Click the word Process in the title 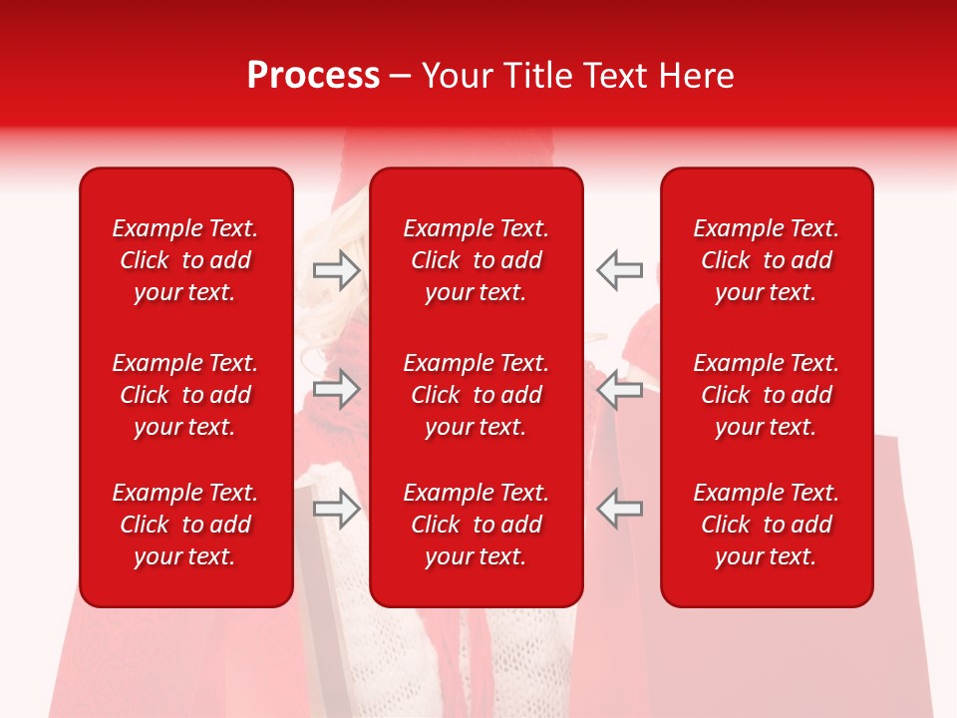pos(313,76)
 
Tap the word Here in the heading pos(697,76)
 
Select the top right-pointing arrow pos(336,270)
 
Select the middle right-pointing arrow pos(336,389)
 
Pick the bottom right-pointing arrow pos(336,508)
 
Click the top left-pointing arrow pos(620,270)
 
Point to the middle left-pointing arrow pos(620,389)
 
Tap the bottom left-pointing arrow pos(620,508)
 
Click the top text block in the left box pos(185,260)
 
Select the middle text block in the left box pos(185,395)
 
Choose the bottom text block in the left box pos(185,525)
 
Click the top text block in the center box pos(476,260)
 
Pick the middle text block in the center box pos(476,395)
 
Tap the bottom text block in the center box pos(476,525)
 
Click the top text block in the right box pos(766,260)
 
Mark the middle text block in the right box pos(766,395)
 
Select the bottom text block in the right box pos(766,525)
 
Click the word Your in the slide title pos(457,76)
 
